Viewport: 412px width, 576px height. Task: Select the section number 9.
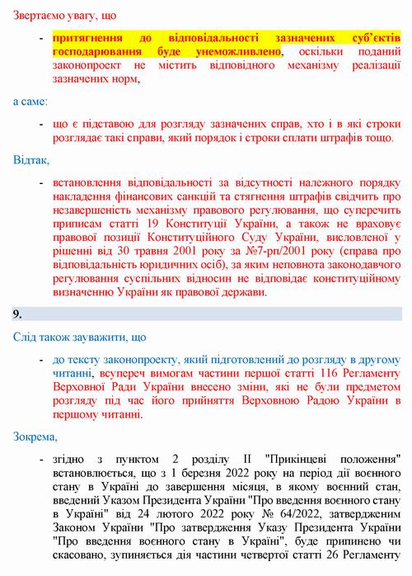click(x=17, y=314)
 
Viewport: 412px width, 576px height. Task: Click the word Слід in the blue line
click(x=26, y=338)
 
